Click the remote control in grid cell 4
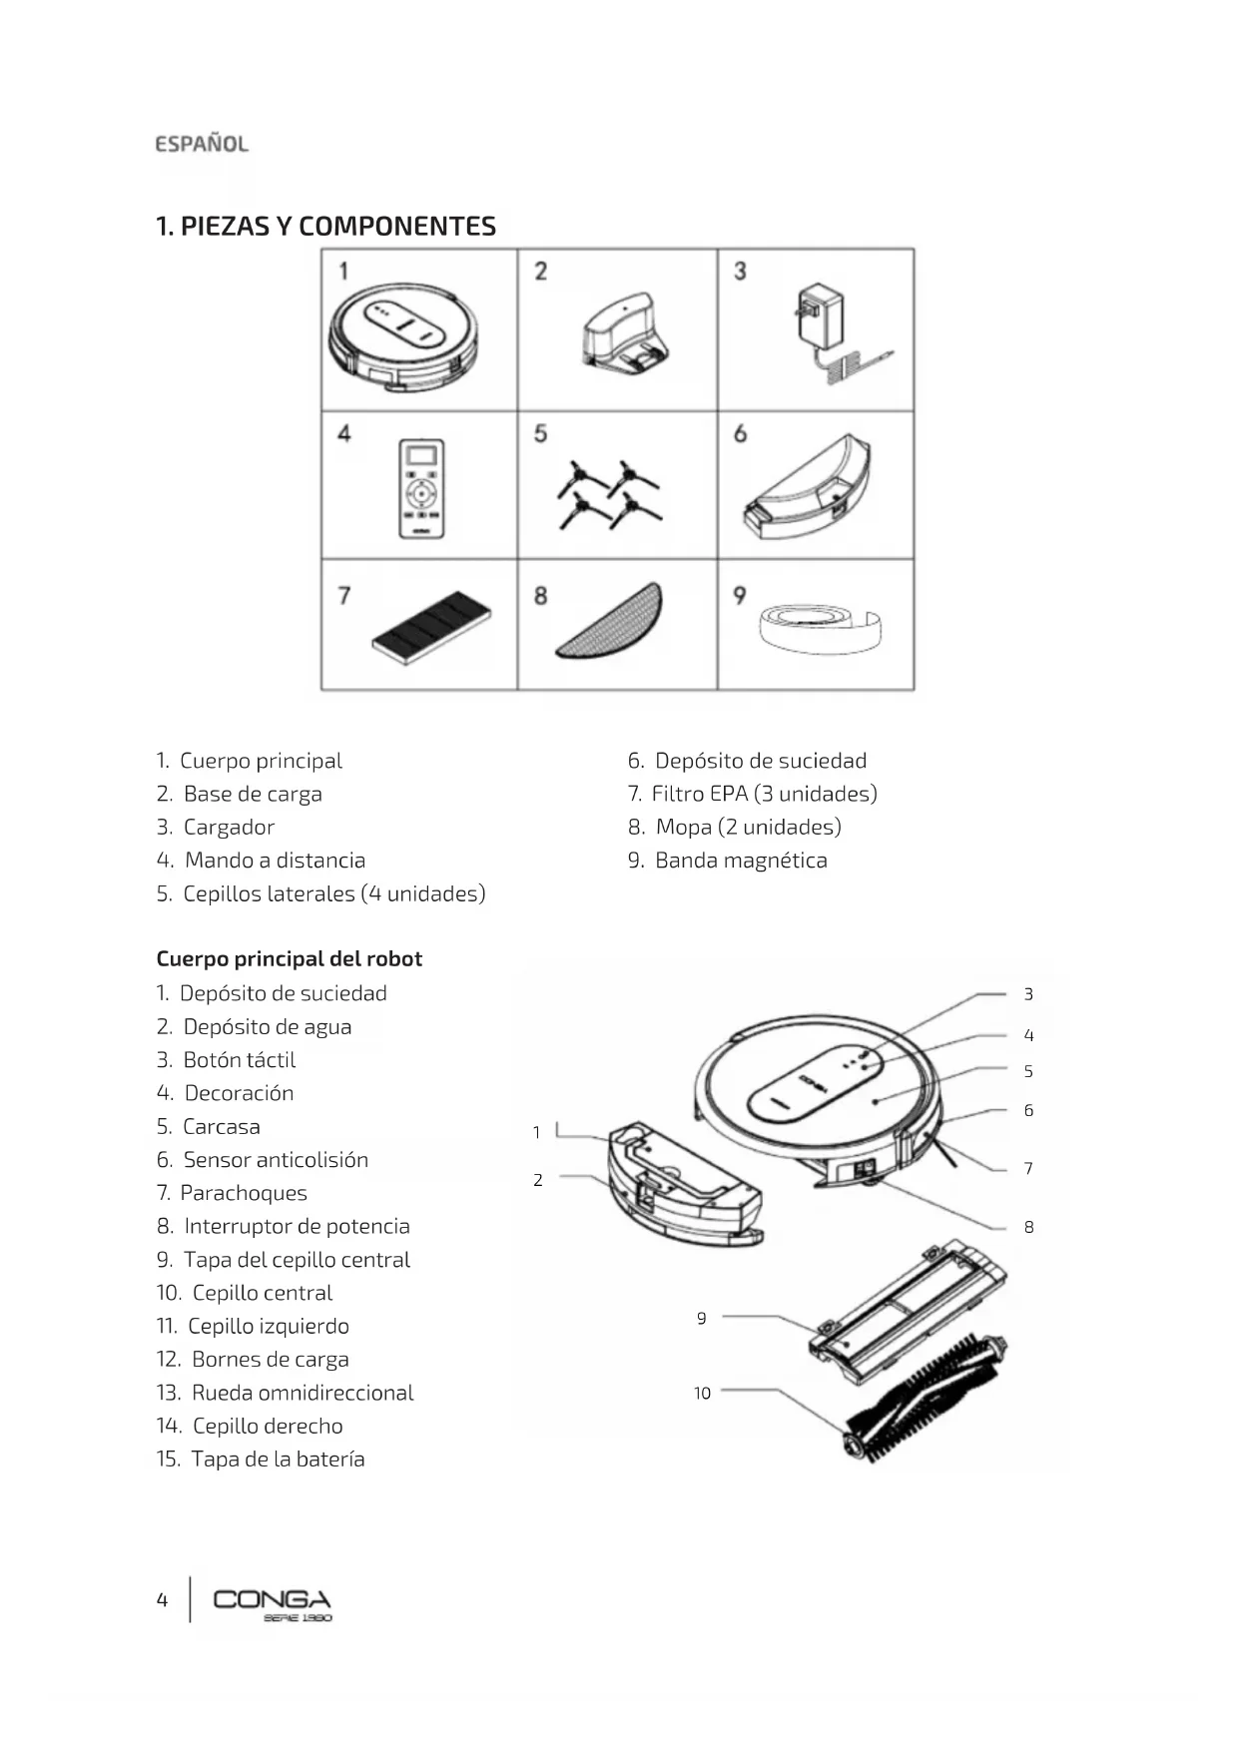pos(421,488)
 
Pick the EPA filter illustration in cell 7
pos(430,627)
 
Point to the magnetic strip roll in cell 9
pos(821,627)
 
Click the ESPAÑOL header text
pos(202,144)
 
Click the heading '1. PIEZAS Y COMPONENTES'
pos(326,227)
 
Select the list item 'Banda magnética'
pos(740,861)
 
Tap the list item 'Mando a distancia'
pos(275,861)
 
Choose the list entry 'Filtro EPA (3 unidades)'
pos(764,794)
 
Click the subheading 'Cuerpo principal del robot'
pos(290,959)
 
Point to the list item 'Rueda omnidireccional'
pos(302,1393)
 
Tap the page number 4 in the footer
pos(162,1600)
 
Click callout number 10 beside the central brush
pos(702,1394)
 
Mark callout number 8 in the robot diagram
pos(1028,1228)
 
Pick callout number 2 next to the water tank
pos(537,1180)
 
